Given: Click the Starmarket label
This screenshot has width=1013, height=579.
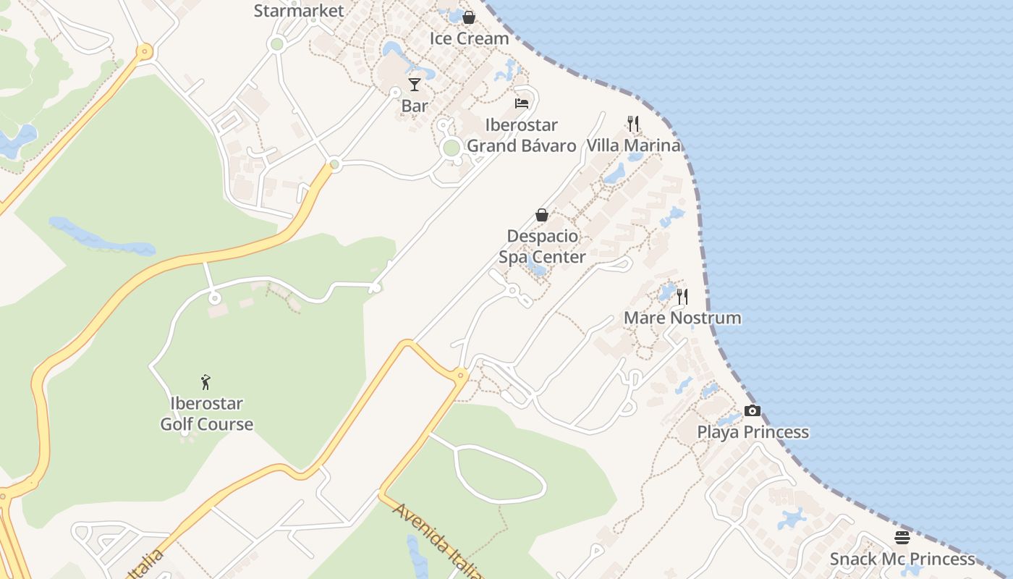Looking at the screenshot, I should (299, 11).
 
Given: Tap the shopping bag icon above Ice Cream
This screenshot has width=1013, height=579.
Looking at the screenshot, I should (469, 17).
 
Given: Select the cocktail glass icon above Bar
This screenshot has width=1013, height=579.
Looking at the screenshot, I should (415, 85).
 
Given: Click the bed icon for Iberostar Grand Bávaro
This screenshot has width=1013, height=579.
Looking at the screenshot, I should (522, 103).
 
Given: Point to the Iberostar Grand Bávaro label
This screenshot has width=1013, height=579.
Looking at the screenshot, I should (521, 135).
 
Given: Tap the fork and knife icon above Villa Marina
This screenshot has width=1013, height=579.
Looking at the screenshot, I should (633, 124).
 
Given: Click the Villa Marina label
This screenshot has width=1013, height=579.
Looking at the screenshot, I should (633, 145).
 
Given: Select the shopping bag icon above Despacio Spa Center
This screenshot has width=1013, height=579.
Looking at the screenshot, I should (542, 215).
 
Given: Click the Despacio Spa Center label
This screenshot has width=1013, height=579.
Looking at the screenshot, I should (542, 246).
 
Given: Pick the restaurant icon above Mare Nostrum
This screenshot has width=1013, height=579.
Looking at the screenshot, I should (682, 296).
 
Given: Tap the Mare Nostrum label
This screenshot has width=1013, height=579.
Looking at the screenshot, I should (682, 318).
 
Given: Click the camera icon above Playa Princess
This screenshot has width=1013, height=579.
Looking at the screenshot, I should (753, 411).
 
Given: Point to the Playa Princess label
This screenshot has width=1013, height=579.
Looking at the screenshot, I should (753, 432).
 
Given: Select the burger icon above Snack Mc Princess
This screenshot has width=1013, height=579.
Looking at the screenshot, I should (902, 538).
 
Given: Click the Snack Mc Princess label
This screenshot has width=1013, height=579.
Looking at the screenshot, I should (902, 559).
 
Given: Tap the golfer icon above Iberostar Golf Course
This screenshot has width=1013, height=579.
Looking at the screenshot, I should (206, 382).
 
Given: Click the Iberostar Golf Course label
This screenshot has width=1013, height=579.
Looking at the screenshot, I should (207, 413).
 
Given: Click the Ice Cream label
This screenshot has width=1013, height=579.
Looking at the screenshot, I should (470, 38).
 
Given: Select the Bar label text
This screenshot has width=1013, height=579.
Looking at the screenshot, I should (415, 106).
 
